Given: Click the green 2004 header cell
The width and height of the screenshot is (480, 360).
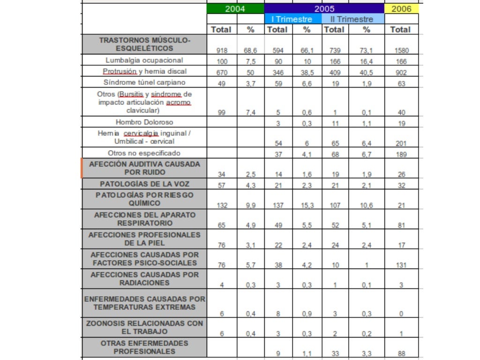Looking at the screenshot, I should [235, 8].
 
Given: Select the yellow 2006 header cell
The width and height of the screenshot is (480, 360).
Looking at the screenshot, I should [401, 8].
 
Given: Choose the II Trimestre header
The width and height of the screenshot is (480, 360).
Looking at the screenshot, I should [352, 19].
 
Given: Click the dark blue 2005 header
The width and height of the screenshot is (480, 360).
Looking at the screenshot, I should [324, 8].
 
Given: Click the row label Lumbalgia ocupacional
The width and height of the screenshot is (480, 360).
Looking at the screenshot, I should [144, 60].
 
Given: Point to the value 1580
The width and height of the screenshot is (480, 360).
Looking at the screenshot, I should [401, 51].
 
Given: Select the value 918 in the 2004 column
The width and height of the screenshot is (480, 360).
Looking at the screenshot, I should [222, 51].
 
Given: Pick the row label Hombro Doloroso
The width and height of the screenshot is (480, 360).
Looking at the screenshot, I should [144, 122].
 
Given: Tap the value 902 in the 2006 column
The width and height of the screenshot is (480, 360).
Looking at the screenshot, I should [401, 73].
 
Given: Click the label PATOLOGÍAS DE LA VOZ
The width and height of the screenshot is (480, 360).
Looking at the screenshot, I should [144, 184].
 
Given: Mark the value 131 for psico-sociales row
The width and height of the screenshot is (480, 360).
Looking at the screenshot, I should [401, 264].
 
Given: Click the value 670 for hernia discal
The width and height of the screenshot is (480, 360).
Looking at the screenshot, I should [222, 73].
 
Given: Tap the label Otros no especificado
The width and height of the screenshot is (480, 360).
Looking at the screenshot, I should [144, 153].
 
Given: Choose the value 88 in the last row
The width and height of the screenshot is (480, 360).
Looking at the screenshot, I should [401, 354].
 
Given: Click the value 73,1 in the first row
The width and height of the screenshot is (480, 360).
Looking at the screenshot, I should [367, 51].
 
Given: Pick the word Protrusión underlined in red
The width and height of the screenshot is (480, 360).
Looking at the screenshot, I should [120, 71].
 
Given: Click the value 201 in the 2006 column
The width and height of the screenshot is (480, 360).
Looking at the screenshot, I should [401, 144].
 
